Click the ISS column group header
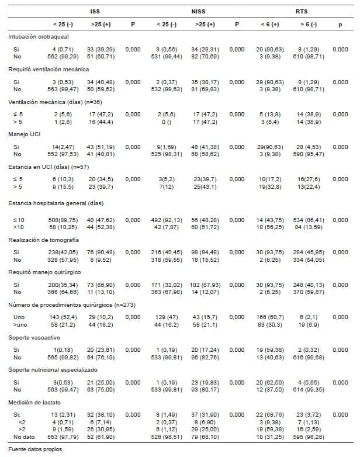point(95,11)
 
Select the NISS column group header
point(198,11)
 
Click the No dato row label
point(24,437)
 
